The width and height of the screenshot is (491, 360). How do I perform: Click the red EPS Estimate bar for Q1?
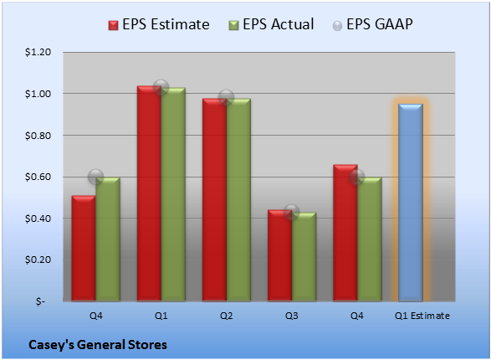(x=149, y=193)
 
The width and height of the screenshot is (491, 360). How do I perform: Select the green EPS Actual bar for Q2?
(x=238, y=200)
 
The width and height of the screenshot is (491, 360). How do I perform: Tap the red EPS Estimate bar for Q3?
(x=279, y=255)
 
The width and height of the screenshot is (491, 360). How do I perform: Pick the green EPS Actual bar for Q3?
(x=304, y=257)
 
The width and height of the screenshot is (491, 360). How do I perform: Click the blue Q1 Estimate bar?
(x=411, y=203)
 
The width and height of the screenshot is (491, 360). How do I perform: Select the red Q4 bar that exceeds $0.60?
(x=345, y=233)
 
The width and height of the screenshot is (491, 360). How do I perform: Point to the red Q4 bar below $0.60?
(x=84, y=248)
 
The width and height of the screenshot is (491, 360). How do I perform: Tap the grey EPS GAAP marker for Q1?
(x=161, y=87)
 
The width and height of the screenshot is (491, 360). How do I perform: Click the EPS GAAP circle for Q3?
(x=292, y=212)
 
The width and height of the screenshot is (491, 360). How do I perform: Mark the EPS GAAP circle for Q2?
(x=227, y=97)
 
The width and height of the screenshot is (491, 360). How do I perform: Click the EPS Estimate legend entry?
(x=159, y=24)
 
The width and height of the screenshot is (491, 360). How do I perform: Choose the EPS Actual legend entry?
(x=271, y=24)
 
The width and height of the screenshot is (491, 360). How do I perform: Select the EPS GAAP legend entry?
(x=372, y=24)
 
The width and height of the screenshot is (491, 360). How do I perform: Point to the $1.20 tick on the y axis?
(x=38, y=52)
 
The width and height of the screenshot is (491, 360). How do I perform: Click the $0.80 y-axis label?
(x=38, y=136)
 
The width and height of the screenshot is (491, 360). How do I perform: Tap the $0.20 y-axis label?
(x=38, y=260)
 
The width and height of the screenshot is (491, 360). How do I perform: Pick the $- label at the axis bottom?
(x=40, y=301)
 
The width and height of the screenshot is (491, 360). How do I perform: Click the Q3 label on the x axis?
(x=292, y=316)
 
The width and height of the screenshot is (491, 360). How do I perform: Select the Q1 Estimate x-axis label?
(x=422, y=316)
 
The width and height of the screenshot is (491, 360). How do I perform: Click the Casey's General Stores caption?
(x=98, y=345)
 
